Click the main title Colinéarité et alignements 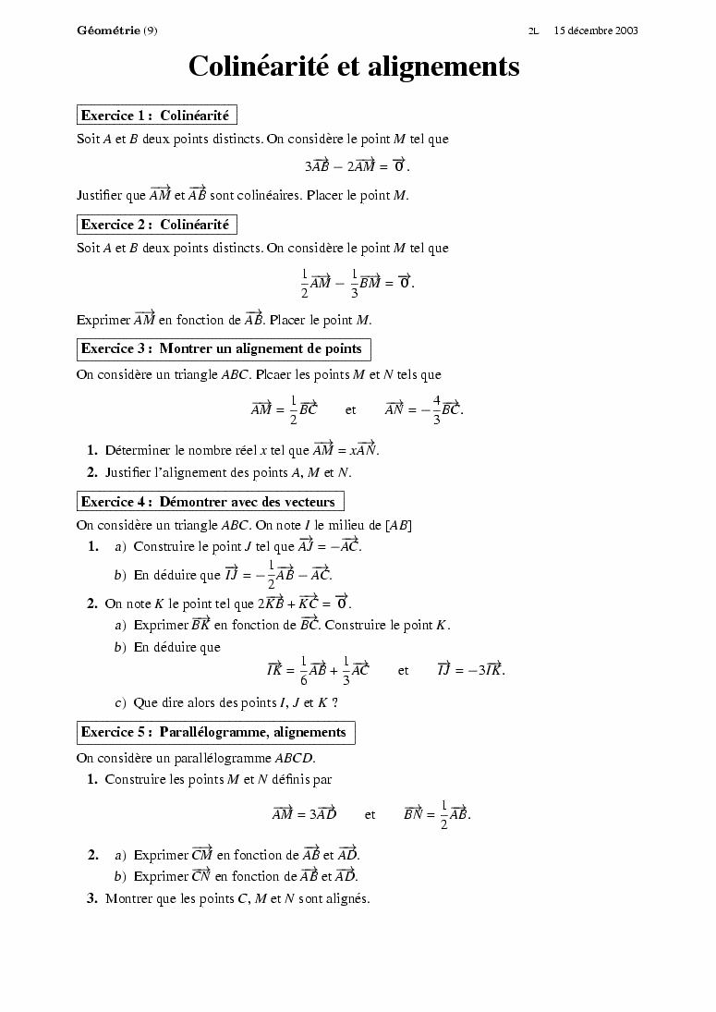pyautogui.click(x=354, y=67)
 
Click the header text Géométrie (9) pyautogui.click(x=117, y=30)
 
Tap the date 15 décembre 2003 pyautogui.click(x=596, y=30)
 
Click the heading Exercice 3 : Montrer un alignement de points pyautogui.click(x=222, y=349)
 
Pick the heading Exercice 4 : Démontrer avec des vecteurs pyautogui.click(x=209, y=502)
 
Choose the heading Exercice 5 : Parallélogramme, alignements pyautogui.click(x=214, y=733)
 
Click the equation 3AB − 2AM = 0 pyautogui.click(x=357, y=166)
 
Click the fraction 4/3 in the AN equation pyautogui.click(x=436, y=408)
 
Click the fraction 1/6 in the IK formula pyautogui.click(x=303, y=670)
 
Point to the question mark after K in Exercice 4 pyautogui.click(x=334, y=703)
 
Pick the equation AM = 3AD pyautogui.click(x=304, y=814)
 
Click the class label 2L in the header pyautogui.click(x=534, y=30)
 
